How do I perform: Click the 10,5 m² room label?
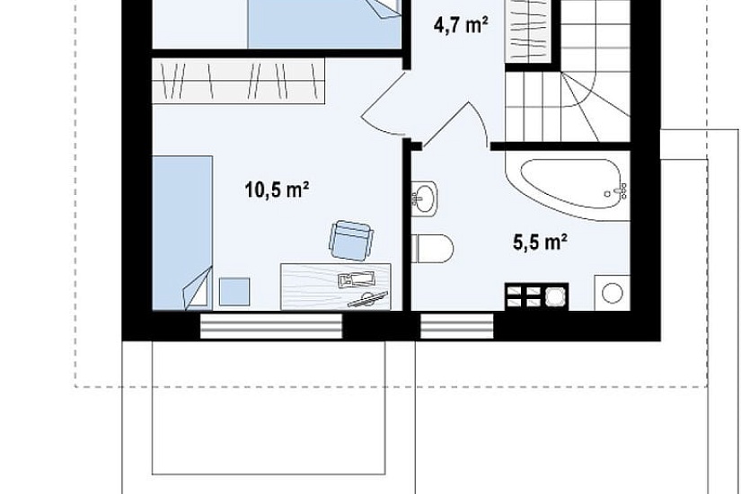[x=277, y=190]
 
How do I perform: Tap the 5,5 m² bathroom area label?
[x=540, y=242]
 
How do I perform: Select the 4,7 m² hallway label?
[x=461, y=25]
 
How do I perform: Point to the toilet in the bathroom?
[x=432, y=248]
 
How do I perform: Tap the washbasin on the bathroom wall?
[x=424, y=198]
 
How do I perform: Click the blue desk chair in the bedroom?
[x=350, y=241]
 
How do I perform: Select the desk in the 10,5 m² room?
[x=336, y=287]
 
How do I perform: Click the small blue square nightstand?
[x=234, y=292]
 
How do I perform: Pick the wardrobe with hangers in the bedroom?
[x=239, y=81]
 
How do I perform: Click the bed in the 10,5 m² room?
[x=182, y=233]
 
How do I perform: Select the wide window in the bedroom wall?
[x=270, y=326]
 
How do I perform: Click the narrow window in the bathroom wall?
[x=457, y=326]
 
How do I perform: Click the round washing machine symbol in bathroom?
[x=613, y=293]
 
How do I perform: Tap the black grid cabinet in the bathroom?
[x=537, y=296]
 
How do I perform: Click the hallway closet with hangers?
[x=528, y=31]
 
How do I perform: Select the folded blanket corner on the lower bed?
[x=198, y=289]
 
